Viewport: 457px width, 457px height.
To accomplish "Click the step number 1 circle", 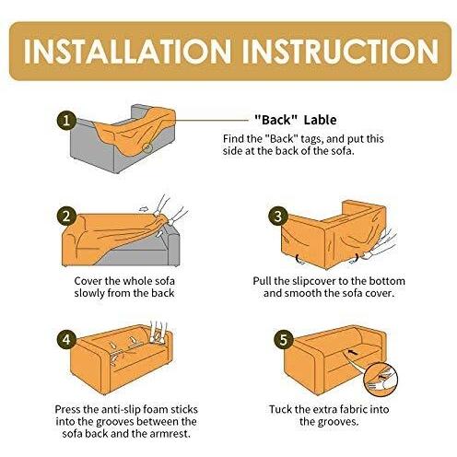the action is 66,121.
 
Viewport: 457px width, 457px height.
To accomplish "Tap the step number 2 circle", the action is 66,217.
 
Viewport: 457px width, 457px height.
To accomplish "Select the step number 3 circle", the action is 278,217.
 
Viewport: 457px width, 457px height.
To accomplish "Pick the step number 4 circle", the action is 66,340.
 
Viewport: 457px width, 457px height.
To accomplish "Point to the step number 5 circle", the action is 284,340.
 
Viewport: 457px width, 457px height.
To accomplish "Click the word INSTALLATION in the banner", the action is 127,52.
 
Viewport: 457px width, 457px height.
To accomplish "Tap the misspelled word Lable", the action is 320,120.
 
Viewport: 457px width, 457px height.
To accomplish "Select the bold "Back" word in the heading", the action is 276,120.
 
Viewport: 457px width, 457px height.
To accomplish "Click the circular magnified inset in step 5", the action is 381,380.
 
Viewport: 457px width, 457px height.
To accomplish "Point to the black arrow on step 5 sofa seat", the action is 353,352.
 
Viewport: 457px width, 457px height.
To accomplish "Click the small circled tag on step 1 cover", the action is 147,148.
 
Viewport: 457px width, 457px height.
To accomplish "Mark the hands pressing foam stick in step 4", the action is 158,333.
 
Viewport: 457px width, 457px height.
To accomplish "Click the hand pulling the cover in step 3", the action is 380,245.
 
